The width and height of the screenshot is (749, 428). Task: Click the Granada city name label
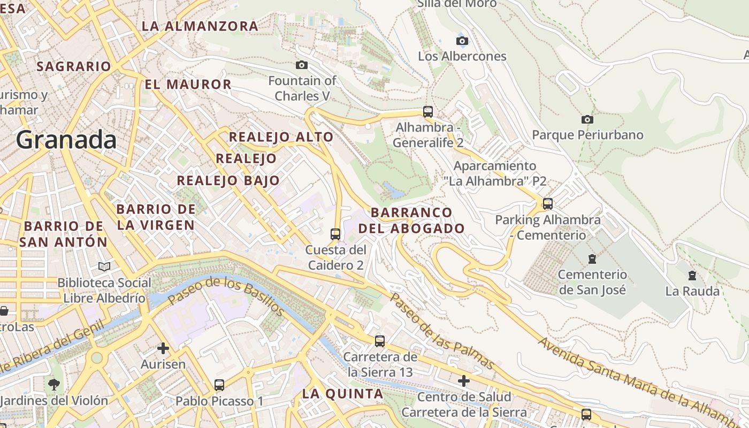[x=66, y=140]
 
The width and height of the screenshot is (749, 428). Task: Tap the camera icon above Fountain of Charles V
[x=302, y=65]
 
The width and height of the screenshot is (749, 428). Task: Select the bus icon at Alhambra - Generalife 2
[x=427, y=111]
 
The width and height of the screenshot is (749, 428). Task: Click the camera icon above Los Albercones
[x=462, y=41]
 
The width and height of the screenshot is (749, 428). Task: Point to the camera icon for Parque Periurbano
[x=587, y=119]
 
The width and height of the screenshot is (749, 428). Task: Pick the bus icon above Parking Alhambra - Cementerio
[x=547, y=204]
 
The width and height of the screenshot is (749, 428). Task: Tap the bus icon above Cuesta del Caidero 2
[x=335, y=234]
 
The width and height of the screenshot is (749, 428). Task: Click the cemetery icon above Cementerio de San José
[x=592, y=259]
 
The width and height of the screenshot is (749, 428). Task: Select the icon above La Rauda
[x=692, y=276]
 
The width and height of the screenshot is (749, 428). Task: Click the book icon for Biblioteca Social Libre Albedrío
[x=104, y=266]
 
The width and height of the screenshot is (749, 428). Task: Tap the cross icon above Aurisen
[x=163, y=348]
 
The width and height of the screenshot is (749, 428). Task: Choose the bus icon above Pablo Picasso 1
[x=219, y=385]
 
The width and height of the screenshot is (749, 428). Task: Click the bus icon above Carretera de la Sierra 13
[x=380, y=341]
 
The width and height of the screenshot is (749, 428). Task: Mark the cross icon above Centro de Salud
[x=464, y=381]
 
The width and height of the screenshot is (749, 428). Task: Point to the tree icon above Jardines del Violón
[x=54, y=384]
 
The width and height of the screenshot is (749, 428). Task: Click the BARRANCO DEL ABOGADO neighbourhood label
[x=411, y=220]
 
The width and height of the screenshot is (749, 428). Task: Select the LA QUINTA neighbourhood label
[x=342, y=394]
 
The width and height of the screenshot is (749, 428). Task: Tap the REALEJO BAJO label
[x=228, y=180]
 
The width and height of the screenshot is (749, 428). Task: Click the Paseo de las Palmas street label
[x=441, y=331]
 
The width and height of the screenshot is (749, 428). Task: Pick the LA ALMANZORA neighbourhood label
[x=200, y=26]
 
